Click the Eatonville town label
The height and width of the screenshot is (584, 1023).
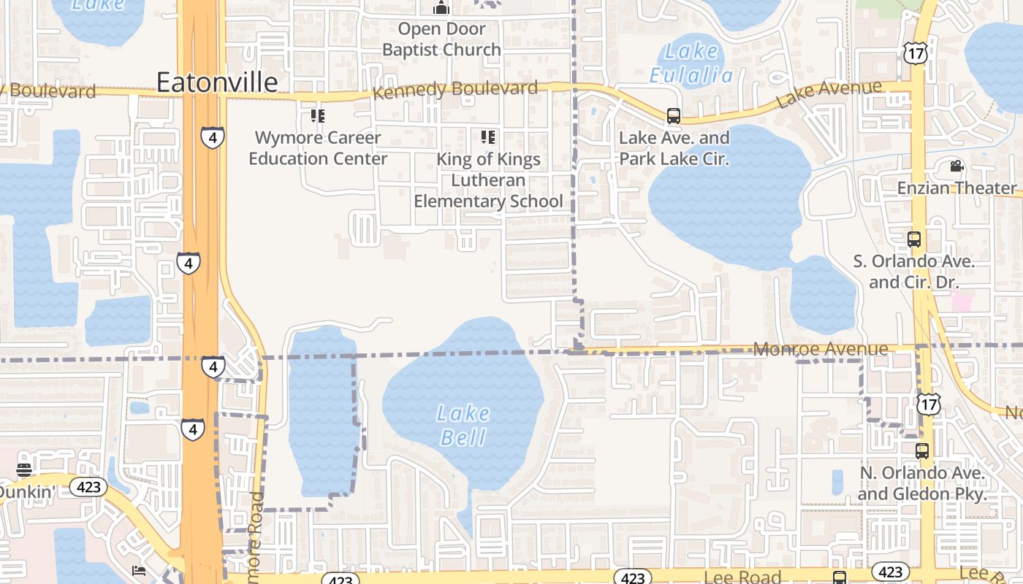[217, 82]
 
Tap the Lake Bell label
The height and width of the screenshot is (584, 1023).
[463, 425]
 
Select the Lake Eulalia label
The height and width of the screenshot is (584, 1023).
[691, 63]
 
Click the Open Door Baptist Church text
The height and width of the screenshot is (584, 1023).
[441, 39]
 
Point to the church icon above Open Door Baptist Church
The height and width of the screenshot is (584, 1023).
[441, 8]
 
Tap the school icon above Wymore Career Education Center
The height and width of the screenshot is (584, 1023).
[317, 115]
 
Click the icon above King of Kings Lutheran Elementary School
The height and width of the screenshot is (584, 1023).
[488, 137]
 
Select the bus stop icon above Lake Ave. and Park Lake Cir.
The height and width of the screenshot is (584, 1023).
[674, 116]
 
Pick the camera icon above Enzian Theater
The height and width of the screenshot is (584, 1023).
[957, 166]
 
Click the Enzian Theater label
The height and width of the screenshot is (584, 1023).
[957, 188]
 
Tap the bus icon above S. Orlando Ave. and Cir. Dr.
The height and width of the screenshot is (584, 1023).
[913, 239]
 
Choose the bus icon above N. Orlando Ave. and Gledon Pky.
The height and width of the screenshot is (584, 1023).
[921, 451]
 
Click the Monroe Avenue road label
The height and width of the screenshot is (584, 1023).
[821, 349]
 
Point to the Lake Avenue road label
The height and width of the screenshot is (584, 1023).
[829, 94]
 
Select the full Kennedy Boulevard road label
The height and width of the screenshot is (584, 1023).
[455, 90]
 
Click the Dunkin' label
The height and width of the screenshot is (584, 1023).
[26, 492]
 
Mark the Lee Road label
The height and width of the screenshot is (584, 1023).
[743, 577]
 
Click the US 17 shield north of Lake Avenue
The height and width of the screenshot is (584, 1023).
[915, 53]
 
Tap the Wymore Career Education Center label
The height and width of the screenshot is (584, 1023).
[318, 148]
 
